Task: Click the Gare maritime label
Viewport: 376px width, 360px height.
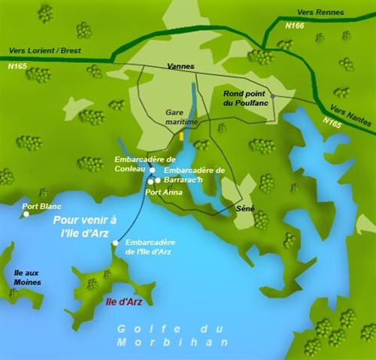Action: pyautogui.click(x=181, y=116)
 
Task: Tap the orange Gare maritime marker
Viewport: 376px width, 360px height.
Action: pyautogui.click(x=182, y=138)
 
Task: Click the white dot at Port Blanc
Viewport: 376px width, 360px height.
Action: pyautogui.click(x=26, y=214)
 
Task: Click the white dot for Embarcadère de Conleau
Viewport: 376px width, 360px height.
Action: pyautogui.click(x=152, y=171)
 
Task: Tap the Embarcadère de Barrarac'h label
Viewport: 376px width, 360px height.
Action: pyautogui.click(x=194, y=176)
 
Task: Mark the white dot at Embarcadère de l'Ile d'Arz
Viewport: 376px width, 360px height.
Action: pyautogui.click(x=115, y=244)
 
